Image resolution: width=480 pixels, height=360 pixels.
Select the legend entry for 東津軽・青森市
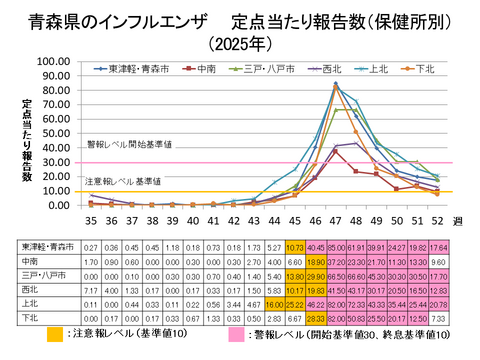pos(136,69)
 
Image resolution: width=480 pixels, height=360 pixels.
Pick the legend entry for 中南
pos(204,69)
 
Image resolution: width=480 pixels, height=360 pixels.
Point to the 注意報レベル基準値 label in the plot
pos(121,182)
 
